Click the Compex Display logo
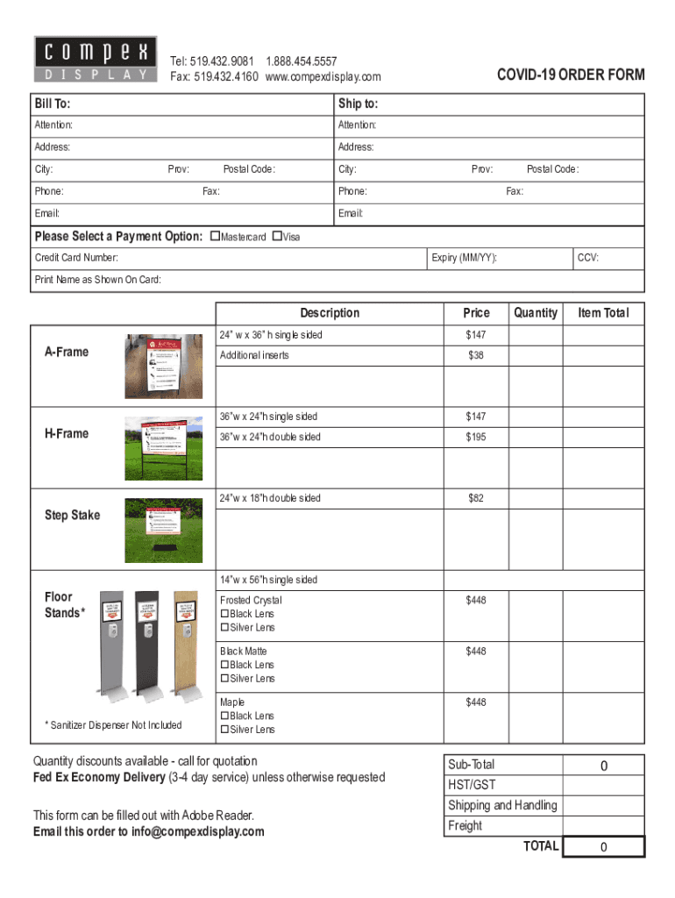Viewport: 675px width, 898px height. pos(96,60)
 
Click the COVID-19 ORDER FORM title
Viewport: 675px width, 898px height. pos(571,75)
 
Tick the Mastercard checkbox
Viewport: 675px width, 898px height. pos(216,237)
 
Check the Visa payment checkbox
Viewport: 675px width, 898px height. pos(277,237)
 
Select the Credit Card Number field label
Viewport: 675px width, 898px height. pos(76,258)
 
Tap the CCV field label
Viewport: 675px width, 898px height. pos(588,258)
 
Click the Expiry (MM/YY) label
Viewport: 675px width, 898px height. pos(465,258)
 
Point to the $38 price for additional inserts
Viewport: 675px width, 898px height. pos(476,355)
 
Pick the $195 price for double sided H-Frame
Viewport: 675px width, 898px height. pos(476,437)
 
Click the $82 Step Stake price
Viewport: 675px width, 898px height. pos(476,498)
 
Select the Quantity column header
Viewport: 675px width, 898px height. pos(536,313)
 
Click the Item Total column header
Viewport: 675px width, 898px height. pos(603,313)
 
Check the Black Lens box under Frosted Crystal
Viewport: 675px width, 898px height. pos(224,614)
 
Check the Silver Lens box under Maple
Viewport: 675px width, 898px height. pos(224,730)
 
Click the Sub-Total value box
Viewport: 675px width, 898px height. pos(603,766)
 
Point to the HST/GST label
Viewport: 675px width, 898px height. pos(472,785)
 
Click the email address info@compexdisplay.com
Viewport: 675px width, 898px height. pos(198,831)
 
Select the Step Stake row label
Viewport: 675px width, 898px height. pos(72,515)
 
